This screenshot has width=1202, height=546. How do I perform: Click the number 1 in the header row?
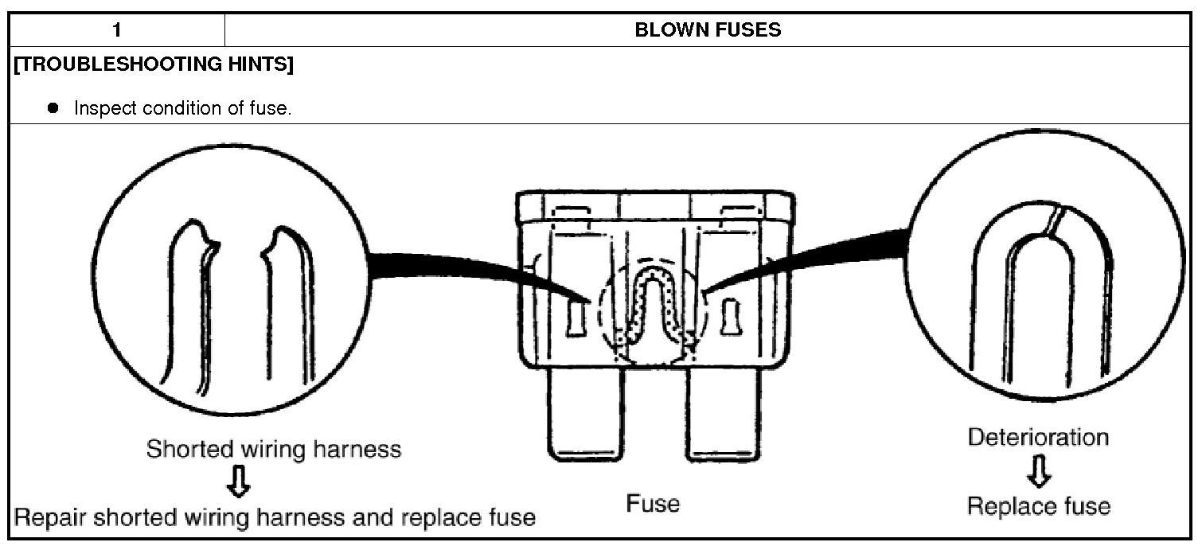(116, 31)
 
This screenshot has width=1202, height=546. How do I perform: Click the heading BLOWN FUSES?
(708, 31)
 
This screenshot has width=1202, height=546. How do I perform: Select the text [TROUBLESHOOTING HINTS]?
(154, 65)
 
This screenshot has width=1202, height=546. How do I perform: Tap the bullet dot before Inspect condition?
(54, 107)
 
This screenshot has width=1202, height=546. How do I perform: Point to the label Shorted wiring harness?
(273, 450)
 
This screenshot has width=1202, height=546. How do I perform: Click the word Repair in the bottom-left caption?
(51, 518)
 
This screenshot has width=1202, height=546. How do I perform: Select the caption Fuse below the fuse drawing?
(653, 504)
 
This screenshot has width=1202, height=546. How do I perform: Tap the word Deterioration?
(1038, 438)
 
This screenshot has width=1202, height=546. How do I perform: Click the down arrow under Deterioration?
(1039, 474)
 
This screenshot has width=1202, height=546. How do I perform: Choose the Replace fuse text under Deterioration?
(1038, 506)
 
